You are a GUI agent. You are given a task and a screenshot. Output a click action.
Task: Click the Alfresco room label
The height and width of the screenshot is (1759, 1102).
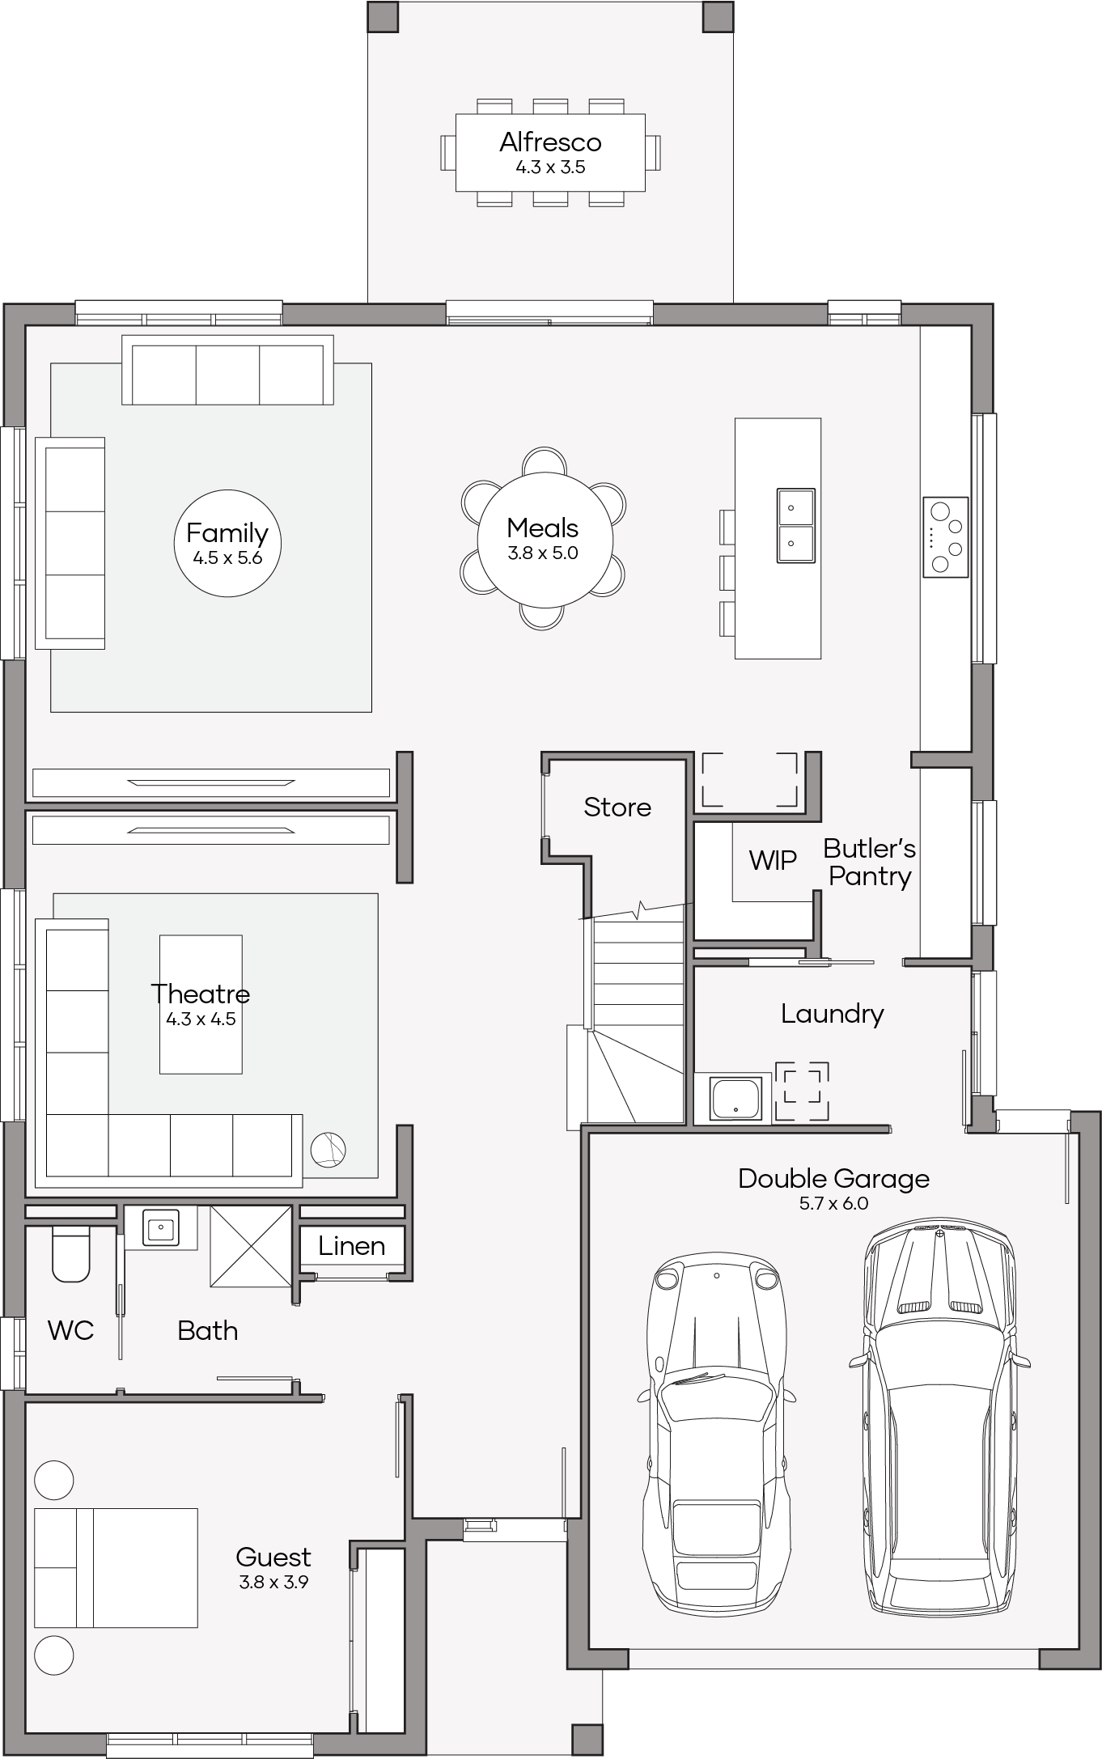click(x=550, y=142)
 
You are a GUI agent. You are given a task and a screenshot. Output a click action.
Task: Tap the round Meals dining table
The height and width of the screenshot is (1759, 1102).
click(x=544, y=539)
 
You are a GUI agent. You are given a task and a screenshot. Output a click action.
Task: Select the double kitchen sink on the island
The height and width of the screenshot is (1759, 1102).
click(x=795, y=525)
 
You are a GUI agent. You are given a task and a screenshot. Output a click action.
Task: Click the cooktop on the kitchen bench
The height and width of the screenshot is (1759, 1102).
click(x=945, y=536)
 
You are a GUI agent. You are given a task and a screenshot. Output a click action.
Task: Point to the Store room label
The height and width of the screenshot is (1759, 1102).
click(x=617, y=807)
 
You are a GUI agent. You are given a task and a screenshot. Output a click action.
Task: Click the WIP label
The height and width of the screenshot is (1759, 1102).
click(x=773, y=860)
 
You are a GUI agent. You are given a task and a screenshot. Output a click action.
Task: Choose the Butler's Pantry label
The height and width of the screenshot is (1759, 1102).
click(x=870, y=862)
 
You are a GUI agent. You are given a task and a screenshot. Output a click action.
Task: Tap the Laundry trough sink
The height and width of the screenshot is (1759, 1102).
click(x=735, y=1098)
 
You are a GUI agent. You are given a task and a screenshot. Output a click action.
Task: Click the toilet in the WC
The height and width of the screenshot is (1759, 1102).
click(x=71, y=1254)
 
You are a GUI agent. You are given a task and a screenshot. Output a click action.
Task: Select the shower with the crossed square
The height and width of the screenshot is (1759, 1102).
click(x=251, y=1245)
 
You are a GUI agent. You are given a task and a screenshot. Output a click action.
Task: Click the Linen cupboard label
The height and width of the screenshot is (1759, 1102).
click(x=351, y=1245)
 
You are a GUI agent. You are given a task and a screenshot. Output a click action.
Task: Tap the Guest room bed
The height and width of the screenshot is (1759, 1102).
click(x=116, y=1567)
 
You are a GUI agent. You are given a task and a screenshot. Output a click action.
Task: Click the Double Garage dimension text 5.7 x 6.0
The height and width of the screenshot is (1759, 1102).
click(x=833, y=1203)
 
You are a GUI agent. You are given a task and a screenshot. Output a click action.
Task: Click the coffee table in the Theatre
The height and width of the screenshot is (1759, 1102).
click(x=201, y=1004)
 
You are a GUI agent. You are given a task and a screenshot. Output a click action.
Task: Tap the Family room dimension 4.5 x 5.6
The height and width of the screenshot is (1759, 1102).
click(x=227, y=558)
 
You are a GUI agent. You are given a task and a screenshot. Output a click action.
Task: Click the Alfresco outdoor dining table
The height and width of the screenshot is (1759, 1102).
click(x=550, y=152)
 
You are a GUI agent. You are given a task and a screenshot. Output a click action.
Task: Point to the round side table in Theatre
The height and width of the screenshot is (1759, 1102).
click(x=328, y=1150)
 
